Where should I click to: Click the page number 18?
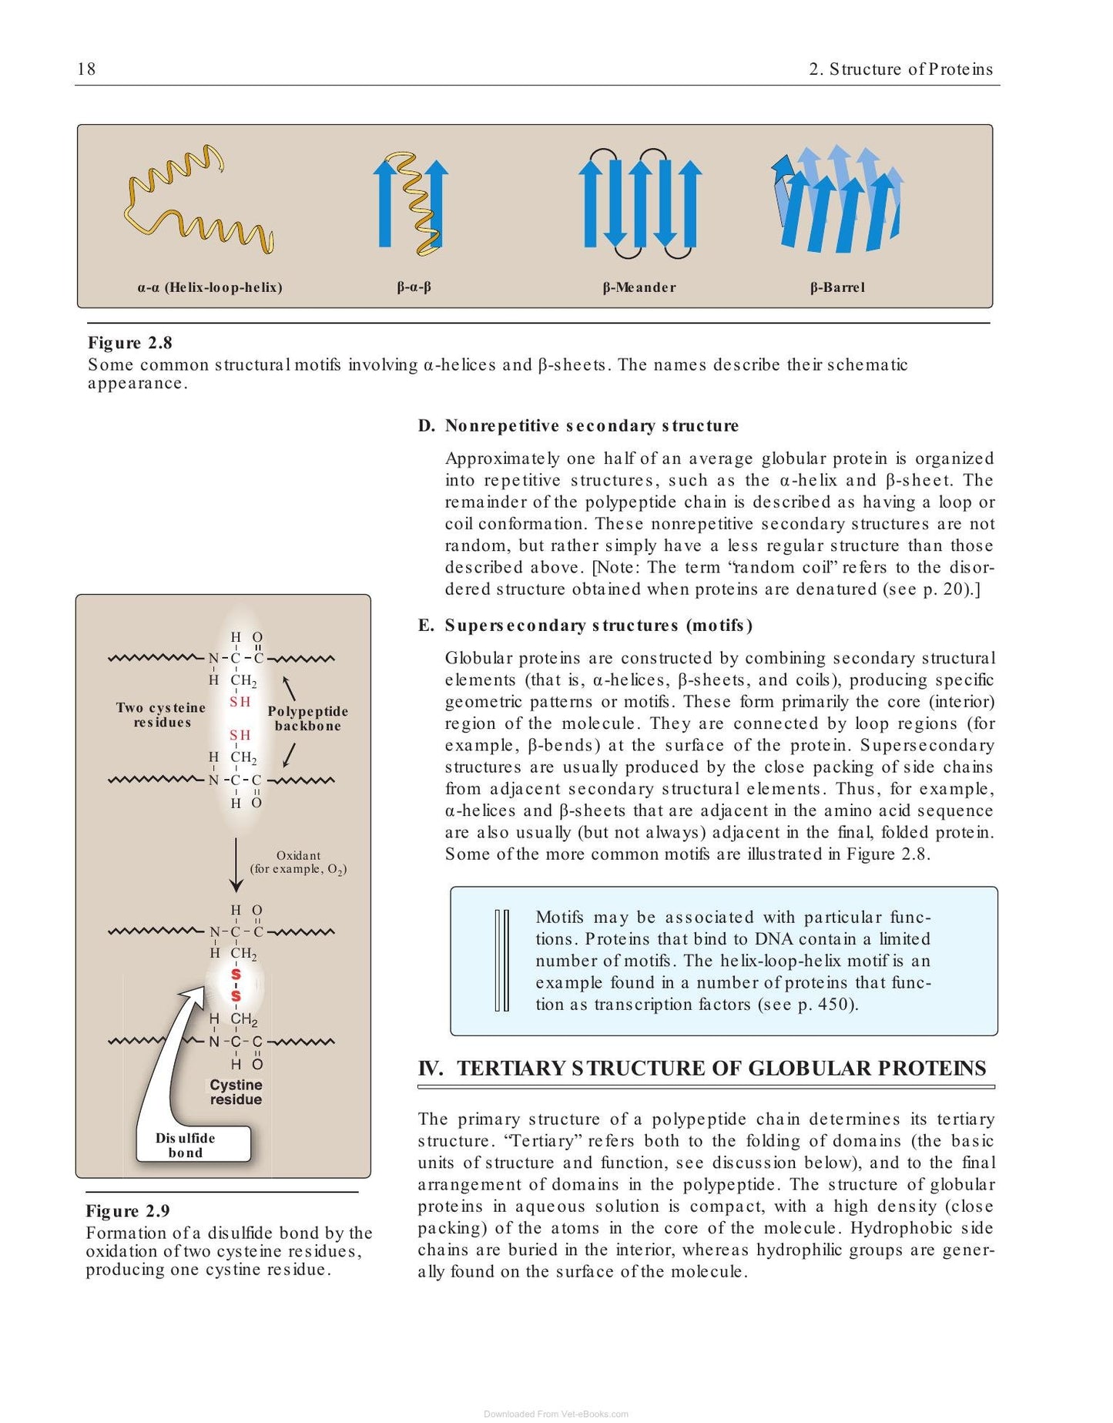click(86, 69)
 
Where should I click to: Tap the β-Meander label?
click(639, 287)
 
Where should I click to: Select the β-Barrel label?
click(837, 287)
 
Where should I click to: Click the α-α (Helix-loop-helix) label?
click(210, 287)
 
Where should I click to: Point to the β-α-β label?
click(414, 287)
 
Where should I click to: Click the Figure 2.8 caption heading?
click(130, 343)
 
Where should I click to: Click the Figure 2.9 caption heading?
click(128, 1211)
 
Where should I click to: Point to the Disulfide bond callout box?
click(193, 1145)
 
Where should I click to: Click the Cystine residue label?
click(236, 1092)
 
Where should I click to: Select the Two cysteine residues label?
click(162, 715)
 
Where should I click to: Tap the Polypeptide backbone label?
click(308, 719)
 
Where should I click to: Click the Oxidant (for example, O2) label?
click(298, 862)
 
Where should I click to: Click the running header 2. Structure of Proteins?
click(901, 69)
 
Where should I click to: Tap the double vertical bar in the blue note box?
click(501, 960)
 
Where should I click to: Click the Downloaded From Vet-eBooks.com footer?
click(556, 1414)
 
